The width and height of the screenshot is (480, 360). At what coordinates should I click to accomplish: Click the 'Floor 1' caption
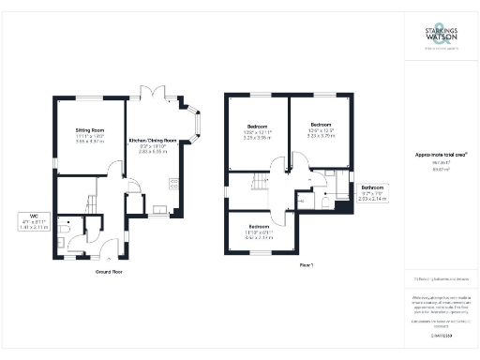(x=307, y=265)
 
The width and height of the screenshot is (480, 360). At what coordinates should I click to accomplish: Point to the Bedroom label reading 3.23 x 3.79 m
(x=322, y=129)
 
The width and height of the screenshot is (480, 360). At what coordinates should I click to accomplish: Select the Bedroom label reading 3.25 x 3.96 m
(x=258, y=131)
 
